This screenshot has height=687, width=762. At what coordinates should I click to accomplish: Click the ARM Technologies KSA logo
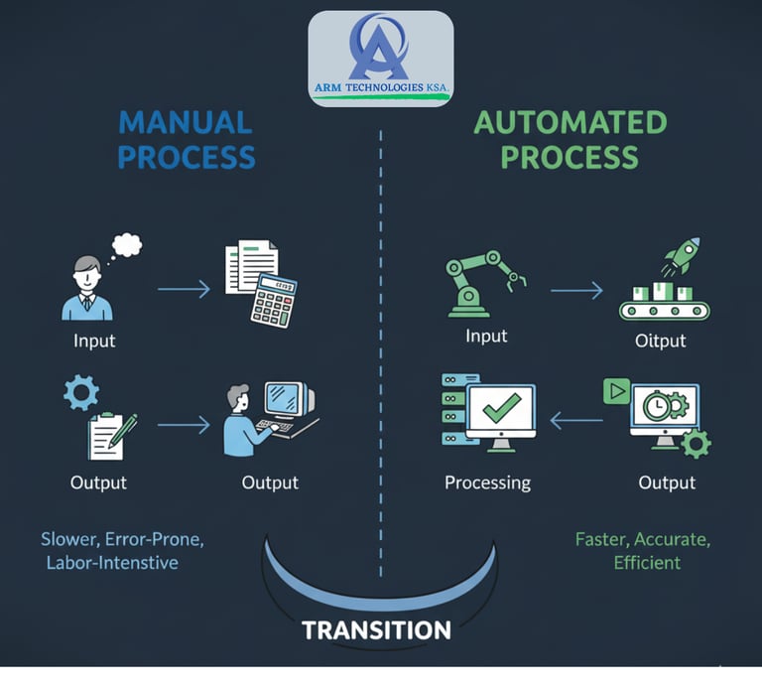381,58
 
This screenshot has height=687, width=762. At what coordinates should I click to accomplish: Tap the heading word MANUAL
185,123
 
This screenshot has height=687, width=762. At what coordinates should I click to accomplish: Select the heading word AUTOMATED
570,123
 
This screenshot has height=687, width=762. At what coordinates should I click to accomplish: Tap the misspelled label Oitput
660,341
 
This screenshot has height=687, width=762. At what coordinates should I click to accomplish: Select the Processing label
487,482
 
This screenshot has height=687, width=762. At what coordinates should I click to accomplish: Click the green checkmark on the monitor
501,407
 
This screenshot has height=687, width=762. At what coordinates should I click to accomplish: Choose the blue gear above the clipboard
80,391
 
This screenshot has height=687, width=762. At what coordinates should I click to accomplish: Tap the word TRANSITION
376,630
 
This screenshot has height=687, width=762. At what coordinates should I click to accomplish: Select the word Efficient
647,562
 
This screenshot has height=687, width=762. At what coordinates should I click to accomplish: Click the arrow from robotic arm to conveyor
576,290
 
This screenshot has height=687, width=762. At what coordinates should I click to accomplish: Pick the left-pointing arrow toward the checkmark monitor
575,422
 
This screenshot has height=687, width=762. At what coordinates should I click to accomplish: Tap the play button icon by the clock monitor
617,390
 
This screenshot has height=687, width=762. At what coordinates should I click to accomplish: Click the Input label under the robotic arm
487,336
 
